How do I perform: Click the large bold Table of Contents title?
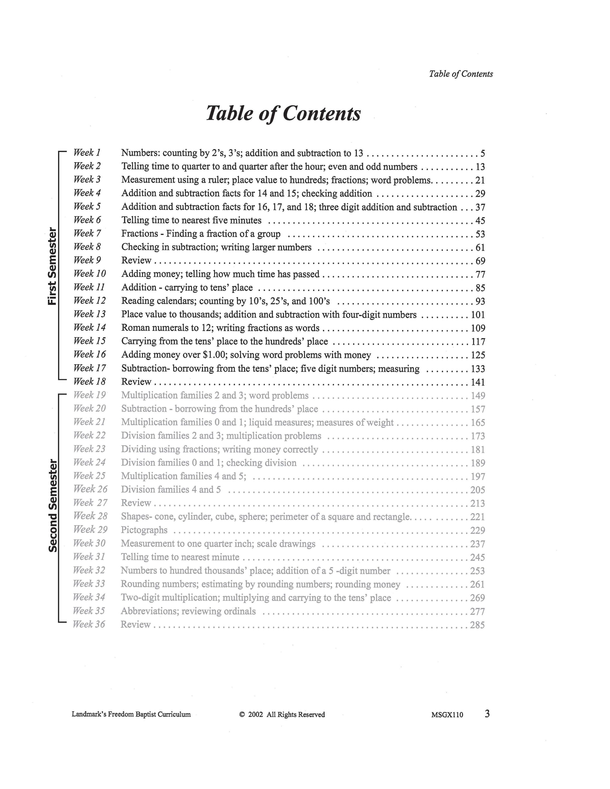(283, 113)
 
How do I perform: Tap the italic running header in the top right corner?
(461, 74)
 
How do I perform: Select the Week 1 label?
(87, 153)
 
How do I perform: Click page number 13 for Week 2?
(480, 167)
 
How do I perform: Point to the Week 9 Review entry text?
(136, 260)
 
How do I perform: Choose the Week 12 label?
(90, 300)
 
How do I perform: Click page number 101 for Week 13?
(478, 315)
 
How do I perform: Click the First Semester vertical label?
(53, 266)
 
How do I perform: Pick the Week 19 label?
(89, 395)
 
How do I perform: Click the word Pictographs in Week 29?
(144, 530)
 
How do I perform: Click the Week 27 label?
(90, 503)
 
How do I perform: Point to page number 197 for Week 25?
(477, 477)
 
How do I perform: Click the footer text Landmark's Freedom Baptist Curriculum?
(131, 714)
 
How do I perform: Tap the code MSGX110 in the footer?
(447, 714)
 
